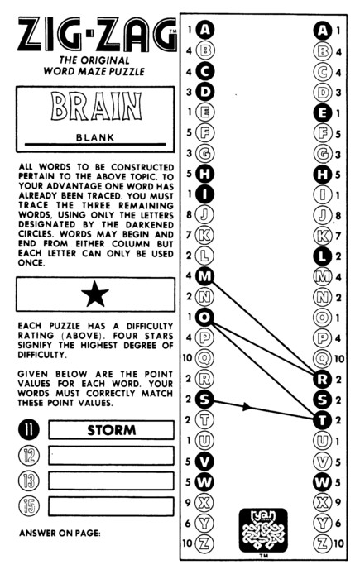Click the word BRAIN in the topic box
[x=96, y=107]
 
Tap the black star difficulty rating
[x=95, y=294]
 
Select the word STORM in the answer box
[x=111, y=430]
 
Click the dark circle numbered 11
[x=29, y=430]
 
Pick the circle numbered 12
[x=29, y=456]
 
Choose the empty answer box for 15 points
[x=111, y=506]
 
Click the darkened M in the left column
[x=204, y=275]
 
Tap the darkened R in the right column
[x=322, y=379]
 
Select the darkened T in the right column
[x=322, y=420]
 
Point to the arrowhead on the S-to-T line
[x=247, y=407]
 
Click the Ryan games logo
[x=263, y=530]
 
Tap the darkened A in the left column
[x=204, y=30]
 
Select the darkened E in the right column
[x=322, y=112]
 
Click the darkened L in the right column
[x=322, y=256]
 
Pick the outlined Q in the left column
[x=204, y=358]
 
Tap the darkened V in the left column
[x=204, y=462]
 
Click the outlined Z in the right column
[x=322, y=543]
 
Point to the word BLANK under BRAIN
[x=95, y=138]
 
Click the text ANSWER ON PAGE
[x=60, y=534]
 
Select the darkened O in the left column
[x=204, y=317]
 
